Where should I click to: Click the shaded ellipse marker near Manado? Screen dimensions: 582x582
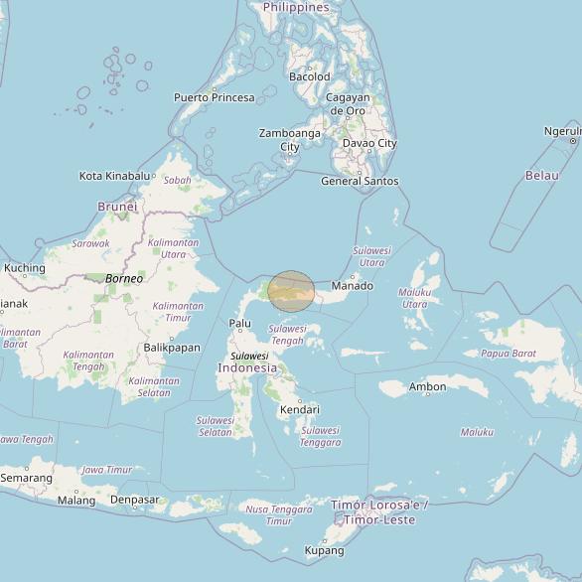(x=291, y=289)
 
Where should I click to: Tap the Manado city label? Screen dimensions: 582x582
(x=352, y=286)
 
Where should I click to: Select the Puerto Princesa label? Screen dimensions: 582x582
(x=214, y=97)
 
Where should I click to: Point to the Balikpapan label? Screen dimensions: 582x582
(x=172, y=348)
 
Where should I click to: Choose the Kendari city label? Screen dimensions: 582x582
(x=299, y=409)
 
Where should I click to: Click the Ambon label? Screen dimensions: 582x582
(x=427, y=386)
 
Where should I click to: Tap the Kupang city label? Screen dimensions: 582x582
(x=324, y=550)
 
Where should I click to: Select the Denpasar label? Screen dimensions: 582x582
(x=134, y=501)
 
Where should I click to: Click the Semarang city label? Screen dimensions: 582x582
(x=26, y=478)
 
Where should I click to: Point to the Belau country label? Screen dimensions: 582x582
(x=542, y=176)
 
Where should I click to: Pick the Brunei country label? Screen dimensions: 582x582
(x=116, y=207)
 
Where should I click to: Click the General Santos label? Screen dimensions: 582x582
(x=360, y=181)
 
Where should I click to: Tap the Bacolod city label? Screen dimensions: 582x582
(x=309, y=76)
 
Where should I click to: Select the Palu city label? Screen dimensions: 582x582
(x=240, y=323)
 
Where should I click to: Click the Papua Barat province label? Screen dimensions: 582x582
(x=509, y=353)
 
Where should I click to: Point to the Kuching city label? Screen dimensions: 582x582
(x=24, y=268)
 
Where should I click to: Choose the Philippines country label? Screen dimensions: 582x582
(x=296, y=7)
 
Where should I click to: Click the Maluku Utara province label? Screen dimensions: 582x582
(x=414, y=298)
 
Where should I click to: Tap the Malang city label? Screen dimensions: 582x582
(x=76, y=501)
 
